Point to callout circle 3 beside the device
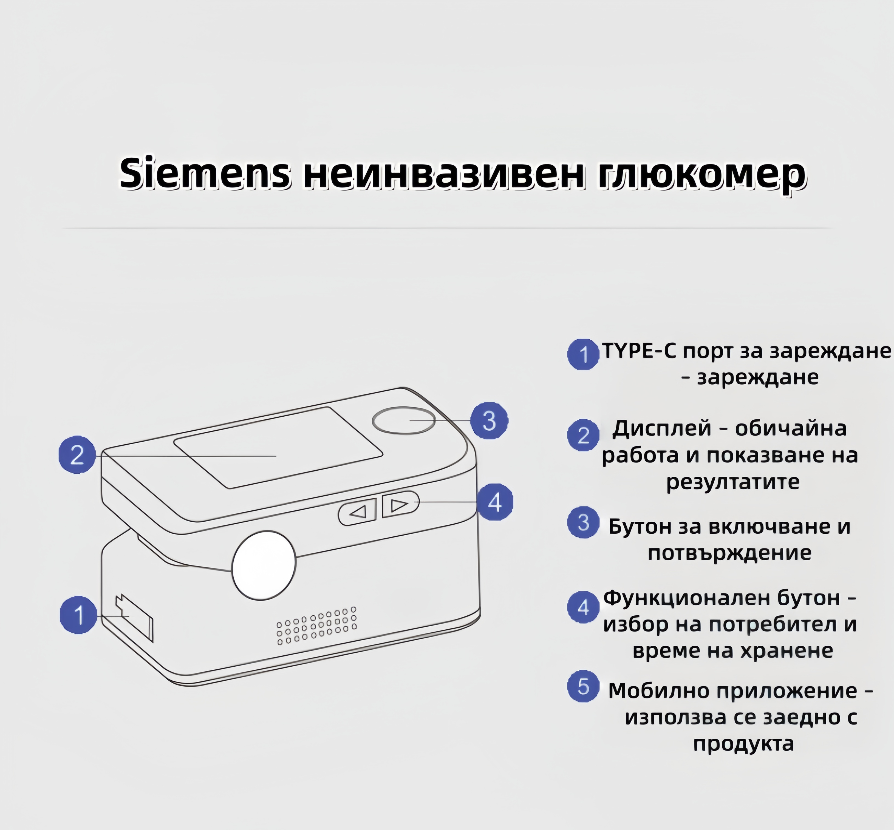click(489, 420)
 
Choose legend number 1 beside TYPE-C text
click(583, 354)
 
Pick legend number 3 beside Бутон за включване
click(583, 522)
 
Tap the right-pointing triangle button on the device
click(400, 505)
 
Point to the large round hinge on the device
click(264, 565)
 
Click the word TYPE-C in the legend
click(639, 351)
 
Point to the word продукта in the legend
click(743, 744)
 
